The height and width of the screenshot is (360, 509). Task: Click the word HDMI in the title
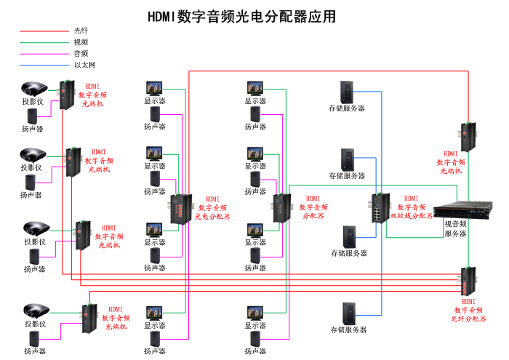(163, 16)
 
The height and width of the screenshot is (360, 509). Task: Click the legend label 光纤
(81, 31)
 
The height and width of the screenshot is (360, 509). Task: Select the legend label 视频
(81, 42)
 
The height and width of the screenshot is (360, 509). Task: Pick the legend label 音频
(81, 54)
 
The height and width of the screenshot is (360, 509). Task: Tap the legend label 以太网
(84, 65)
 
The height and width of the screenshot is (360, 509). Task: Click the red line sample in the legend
(44, 31)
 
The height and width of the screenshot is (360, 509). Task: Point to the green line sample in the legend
(44, 43)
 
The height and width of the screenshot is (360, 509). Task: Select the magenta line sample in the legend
(44, 55)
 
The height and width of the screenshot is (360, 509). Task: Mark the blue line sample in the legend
(44, 66)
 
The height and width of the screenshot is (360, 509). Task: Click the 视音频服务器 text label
(455, 228)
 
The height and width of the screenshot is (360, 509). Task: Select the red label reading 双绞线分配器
(412, 216)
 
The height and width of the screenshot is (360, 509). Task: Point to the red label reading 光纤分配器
(469, 319)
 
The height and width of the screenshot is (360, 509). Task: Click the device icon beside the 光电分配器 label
(180, 209)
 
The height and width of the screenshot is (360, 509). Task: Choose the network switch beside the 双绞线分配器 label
(380, 208)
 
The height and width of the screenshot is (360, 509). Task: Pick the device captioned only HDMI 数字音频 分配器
(281, 208)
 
